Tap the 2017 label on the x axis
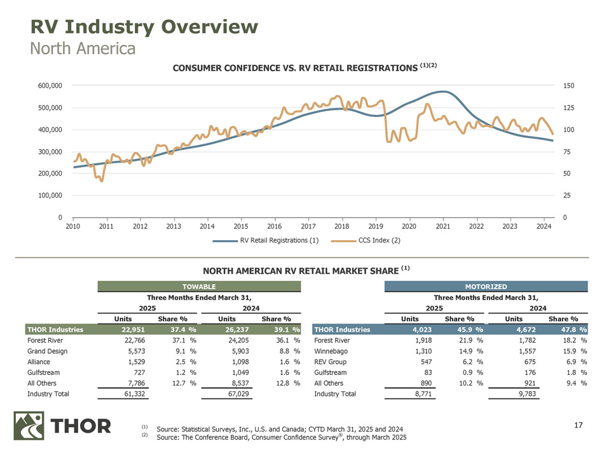tap(308, 226)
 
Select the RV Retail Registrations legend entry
tap(265, 241)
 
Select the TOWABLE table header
tap(199, 287)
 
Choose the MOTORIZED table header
tap(486, 287)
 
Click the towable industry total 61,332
tap(135, 395)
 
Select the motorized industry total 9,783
tap(525, 395)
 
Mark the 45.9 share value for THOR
tap(465, 330)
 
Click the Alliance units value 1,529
tap(139, 362)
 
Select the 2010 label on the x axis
tap(74, 226)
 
